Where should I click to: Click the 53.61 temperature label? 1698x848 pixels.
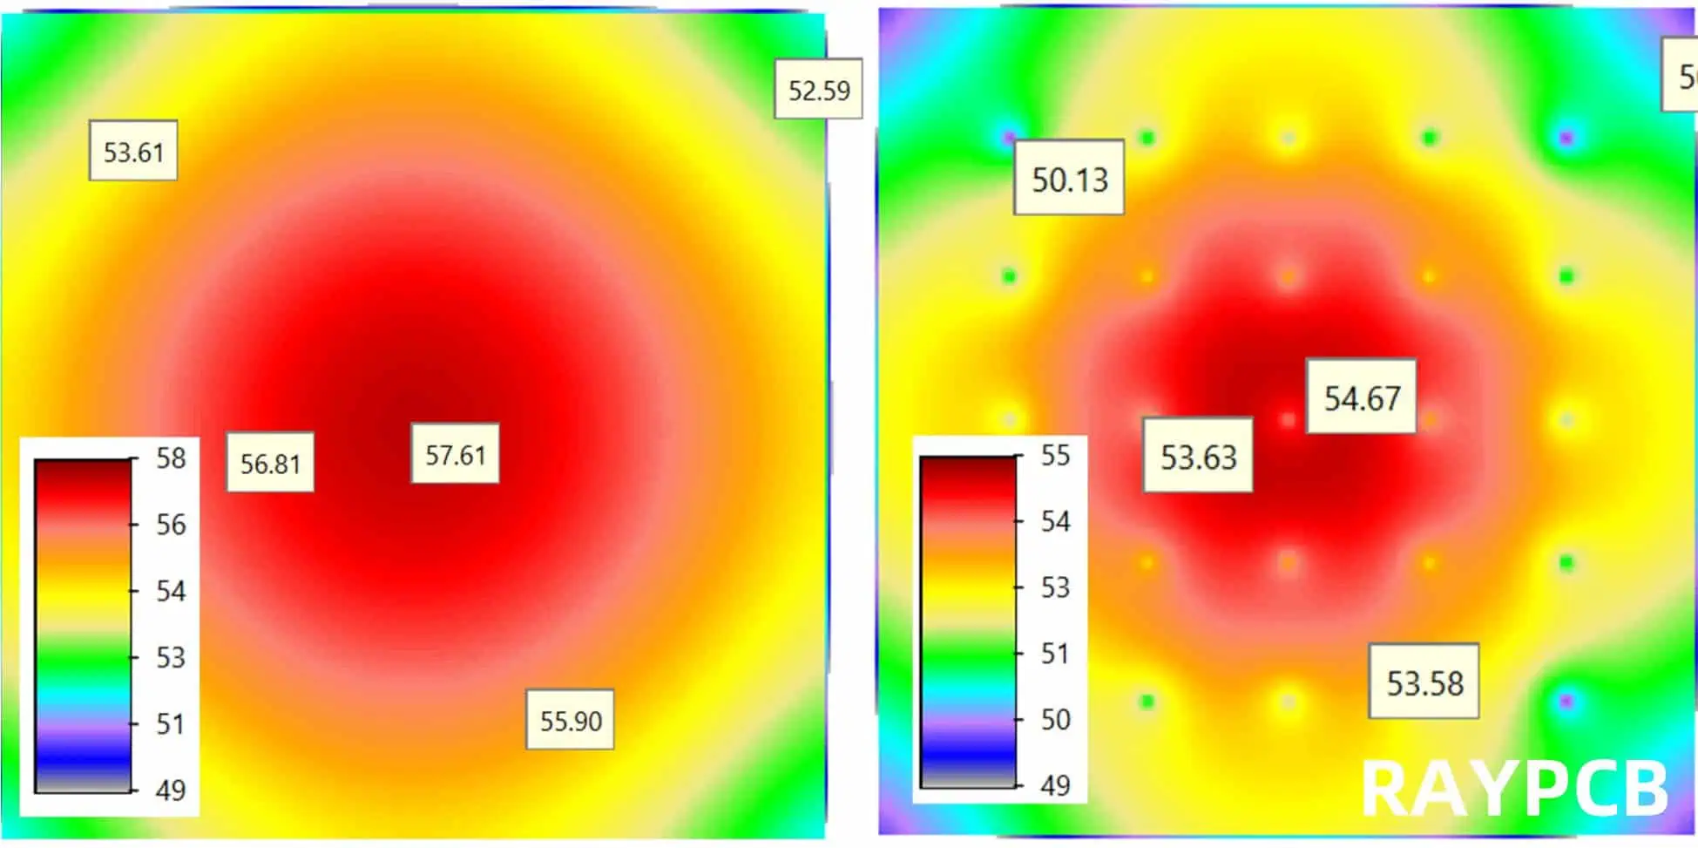pos(133,152)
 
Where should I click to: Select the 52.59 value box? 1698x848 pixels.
pos(818,90)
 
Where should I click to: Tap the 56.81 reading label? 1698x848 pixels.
pos(270,463)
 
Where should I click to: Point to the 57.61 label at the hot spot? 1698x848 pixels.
pos(455,454)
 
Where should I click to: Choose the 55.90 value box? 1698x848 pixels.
pos(571,721)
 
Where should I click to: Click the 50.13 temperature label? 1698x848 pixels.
pos(1069,180)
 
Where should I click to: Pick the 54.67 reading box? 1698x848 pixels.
pos(1362,397)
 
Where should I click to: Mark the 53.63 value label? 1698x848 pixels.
pos(1198,457)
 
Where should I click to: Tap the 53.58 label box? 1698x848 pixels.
pos(1424,682)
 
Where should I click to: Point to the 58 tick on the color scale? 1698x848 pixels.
pos(171,458)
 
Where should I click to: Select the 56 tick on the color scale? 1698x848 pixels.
pos(171,525)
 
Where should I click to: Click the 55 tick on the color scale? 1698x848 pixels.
pos(1055,455)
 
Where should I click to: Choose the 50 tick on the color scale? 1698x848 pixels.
pos(1055,719)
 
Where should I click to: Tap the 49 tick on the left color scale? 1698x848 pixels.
pos(171,790)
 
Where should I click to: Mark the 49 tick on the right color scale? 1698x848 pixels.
pos(1055,785)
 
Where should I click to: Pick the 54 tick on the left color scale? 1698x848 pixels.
pos(171,591)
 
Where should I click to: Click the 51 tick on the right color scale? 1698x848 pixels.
pos(1055,653)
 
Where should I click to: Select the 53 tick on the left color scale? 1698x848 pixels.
pos(171,657)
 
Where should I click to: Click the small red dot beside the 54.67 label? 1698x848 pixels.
pos(1288,420)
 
